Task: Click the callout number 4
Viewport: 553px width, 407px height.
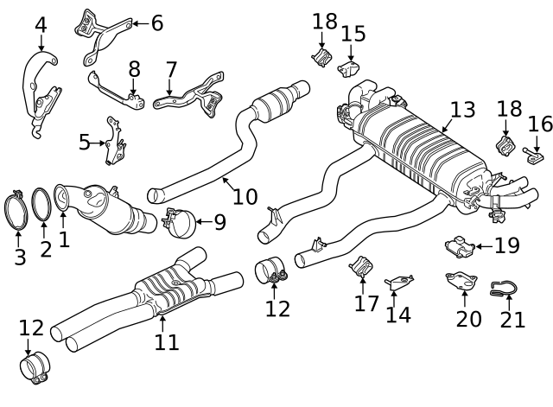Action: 41,24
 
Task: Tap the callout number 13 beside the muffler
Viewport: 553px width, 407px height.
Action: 462,110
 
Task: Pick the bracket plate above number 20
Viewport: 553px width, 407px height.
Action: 461,283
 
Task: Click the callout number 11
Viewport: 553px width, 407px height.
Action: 167,342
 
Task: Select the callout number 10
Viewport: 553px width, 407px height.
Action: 245,196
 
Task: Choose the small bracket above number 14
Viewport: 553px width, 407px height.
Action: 399,283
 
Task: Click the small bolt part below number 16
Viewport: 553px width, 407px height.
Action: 533,156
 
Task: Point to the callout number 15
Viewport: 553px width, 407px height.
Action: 353,34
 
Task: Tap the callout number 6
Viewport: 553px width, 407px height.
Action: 156,23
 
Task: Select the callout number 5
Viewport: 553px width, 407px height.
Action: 84,142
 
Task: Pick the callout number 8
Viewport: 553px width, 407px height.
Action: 134,68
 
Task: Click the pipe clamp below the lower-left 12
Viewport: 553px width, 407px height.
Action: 35,369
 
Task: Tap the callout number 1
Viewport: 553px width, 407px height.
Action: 64,238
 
